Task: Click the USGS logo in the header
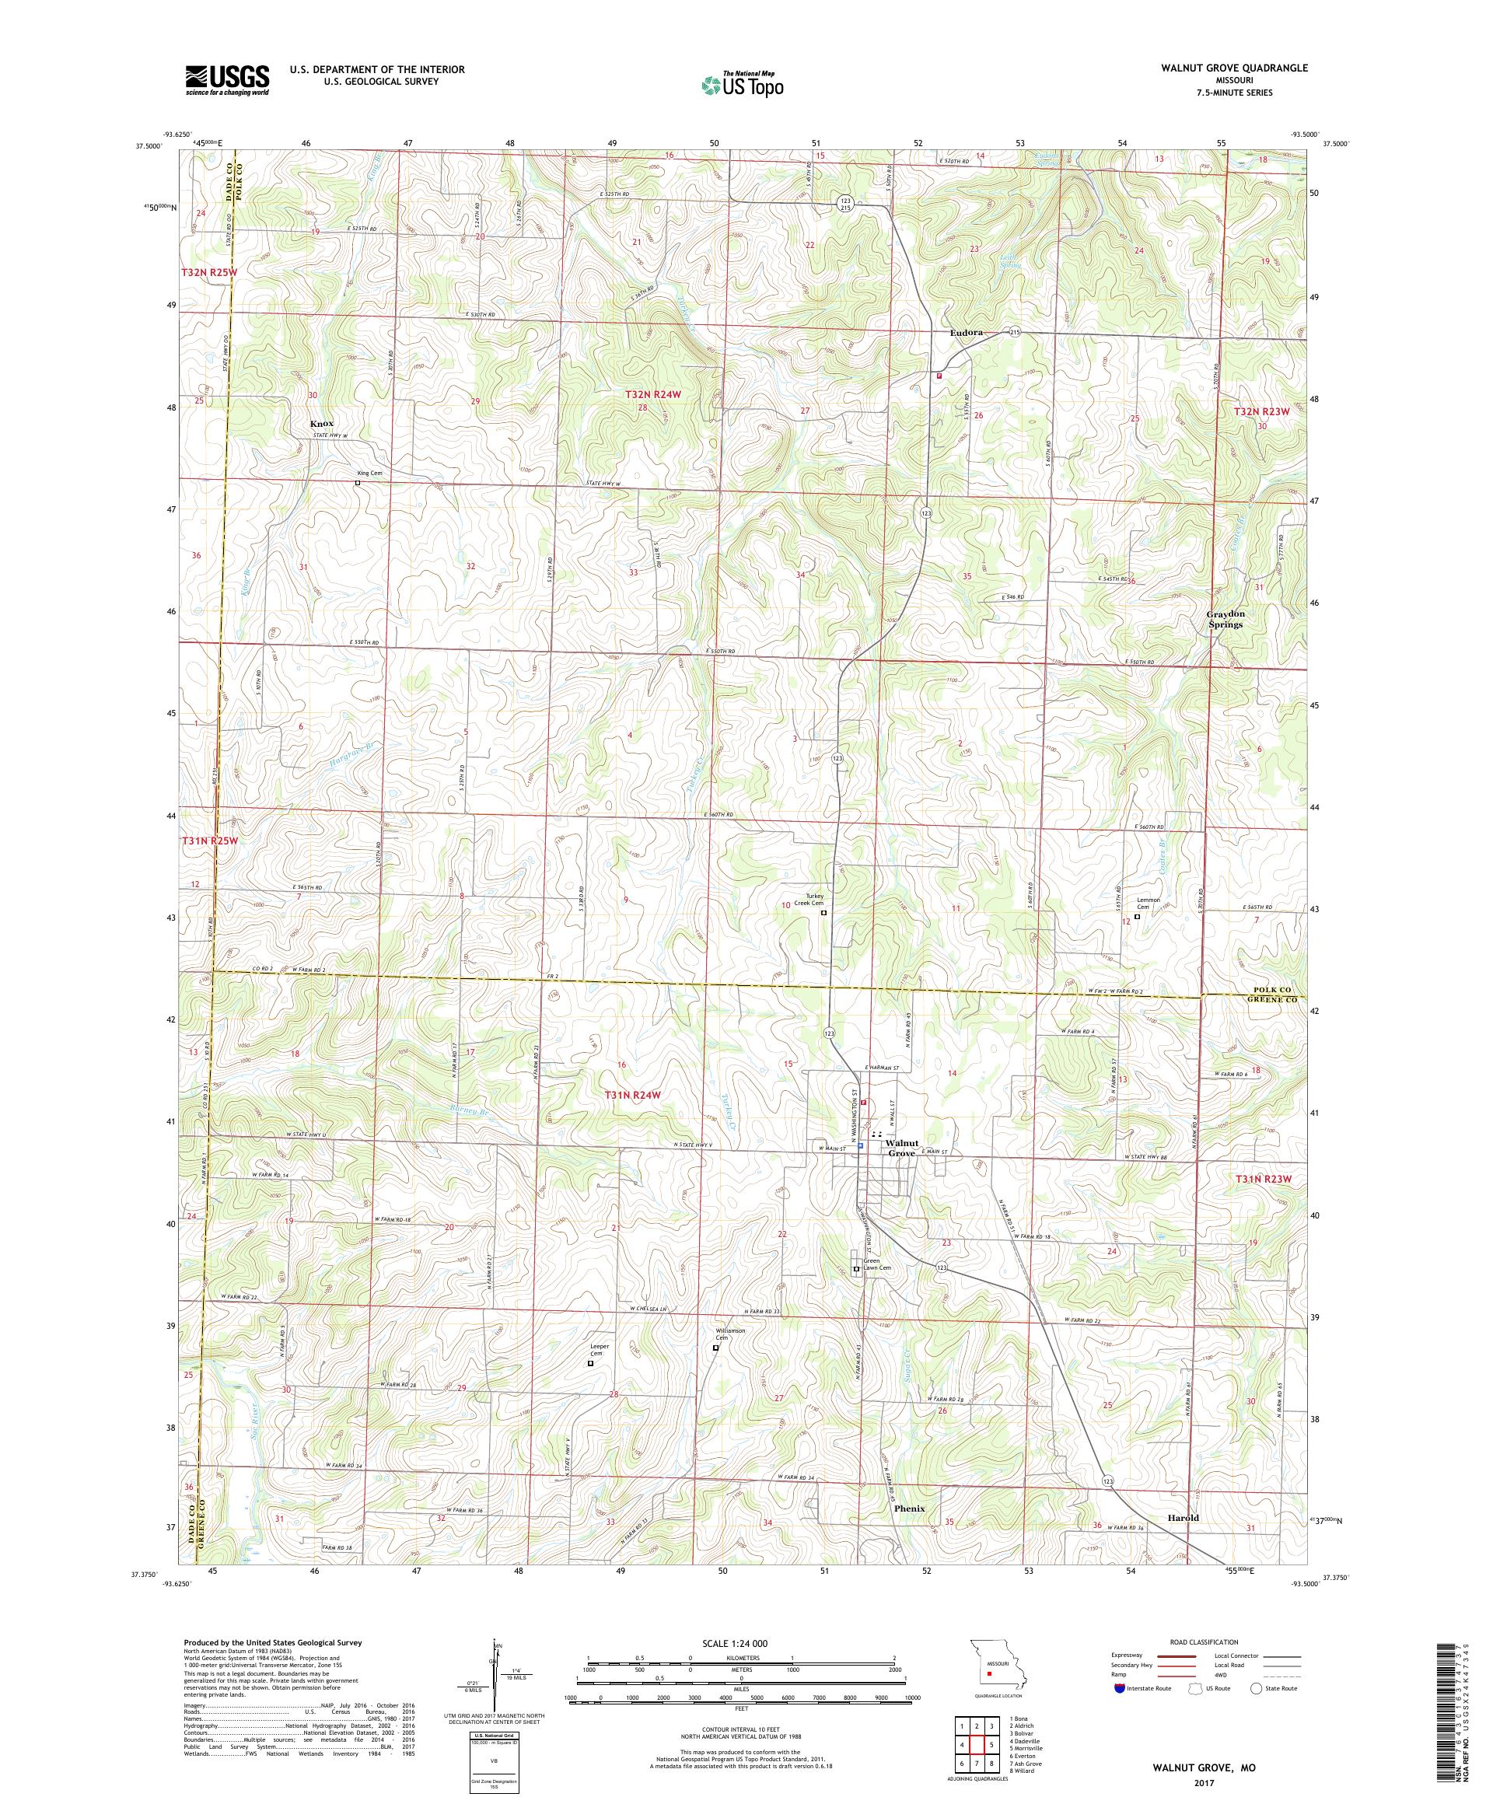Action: click(227, 81)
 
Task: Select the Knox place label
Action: click(321, 425)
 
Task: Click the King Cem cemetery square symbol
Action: click(358, 483)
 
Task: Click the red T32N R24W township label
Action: click(653, 394)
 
